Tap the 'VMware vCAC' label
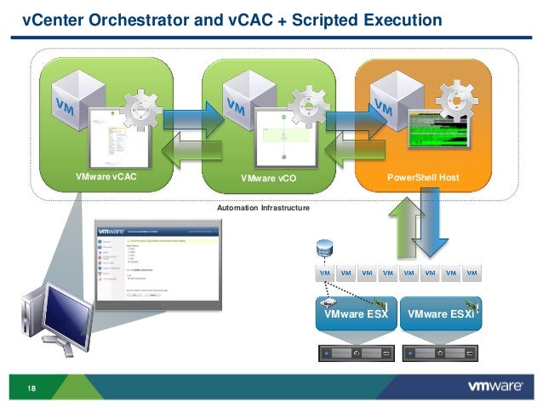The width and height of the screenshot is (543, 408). click(106, 177)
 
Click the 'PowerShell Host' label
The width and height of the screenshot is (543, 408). click(424, 177)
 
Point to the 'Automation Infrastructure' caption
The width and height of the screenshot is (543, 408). click(264, 208)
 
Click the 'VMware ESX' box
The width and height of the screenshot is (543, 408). click(356, 314)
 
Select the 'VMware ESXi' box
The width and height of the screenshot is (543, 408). click(440, 314)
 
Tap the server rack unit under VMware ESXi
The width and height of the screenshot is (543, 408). click(440, 351)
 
